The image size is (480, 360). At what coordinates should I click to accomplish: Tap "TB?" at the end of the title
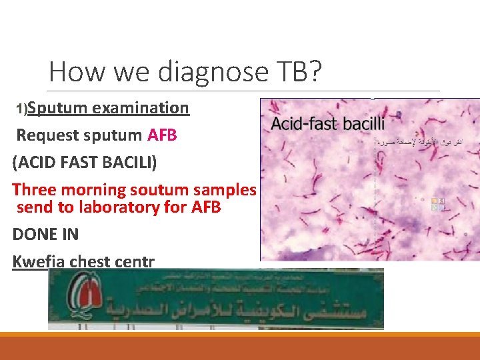tap(295, 71)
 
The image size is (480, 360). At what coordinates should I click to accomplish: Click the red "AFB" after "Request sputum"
tap(162, 135)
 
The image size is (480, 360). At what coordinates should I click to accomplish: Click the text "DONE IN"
tap(45, 234)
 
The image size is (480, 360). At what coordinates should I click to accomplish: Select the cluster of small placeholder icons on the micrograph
tap(438, 203)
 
